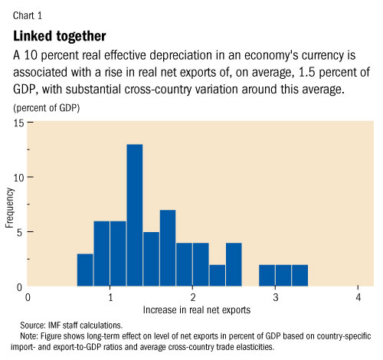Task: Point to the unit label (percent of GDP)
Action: point(47,107)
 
